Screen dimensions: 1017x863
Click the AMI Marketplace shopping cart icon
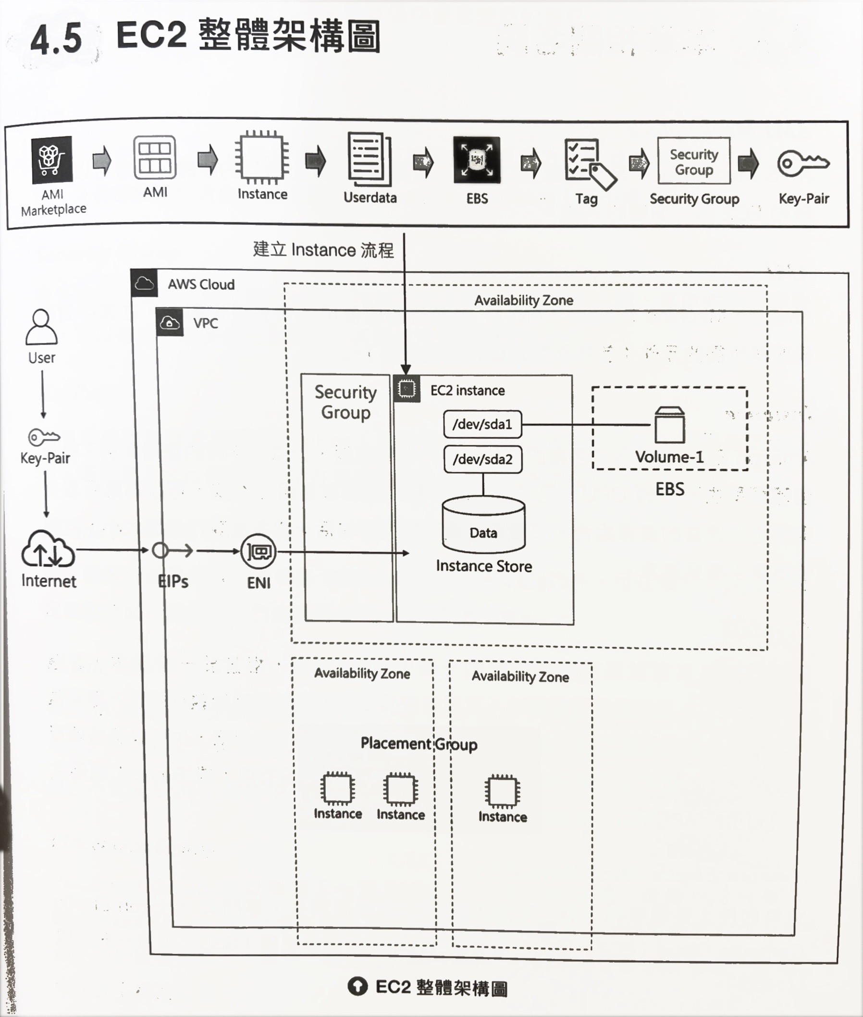[x=52, y=159]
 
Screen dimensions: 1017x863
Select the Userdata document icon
[x=370, y=160]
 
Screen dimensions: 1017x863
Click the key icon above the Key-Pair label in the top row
[x=803, y=163]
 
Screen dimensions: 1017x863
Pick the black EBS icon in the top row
[x=477, y=160]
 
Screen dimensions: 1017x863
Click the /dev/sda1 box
[x=482, y=424]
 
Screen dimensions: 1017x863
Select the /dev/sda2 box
[x=483, y=459]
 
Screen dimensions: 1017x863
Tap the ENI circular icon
[x=259, y=552]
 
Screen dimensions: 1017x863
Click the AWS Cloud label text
[x=201, y=285]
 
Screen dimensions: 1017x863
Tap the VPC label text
[x=206, y=323]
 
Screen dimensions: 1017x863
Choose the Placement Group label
[x=419, y=744]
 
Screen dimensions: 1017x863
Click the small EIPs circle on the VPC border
[x=160, y=551]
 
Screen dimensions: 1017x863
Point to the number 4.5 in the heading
[x=56, y=39]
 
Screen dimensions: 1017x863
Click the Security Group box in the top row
[x=694, y=161]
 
